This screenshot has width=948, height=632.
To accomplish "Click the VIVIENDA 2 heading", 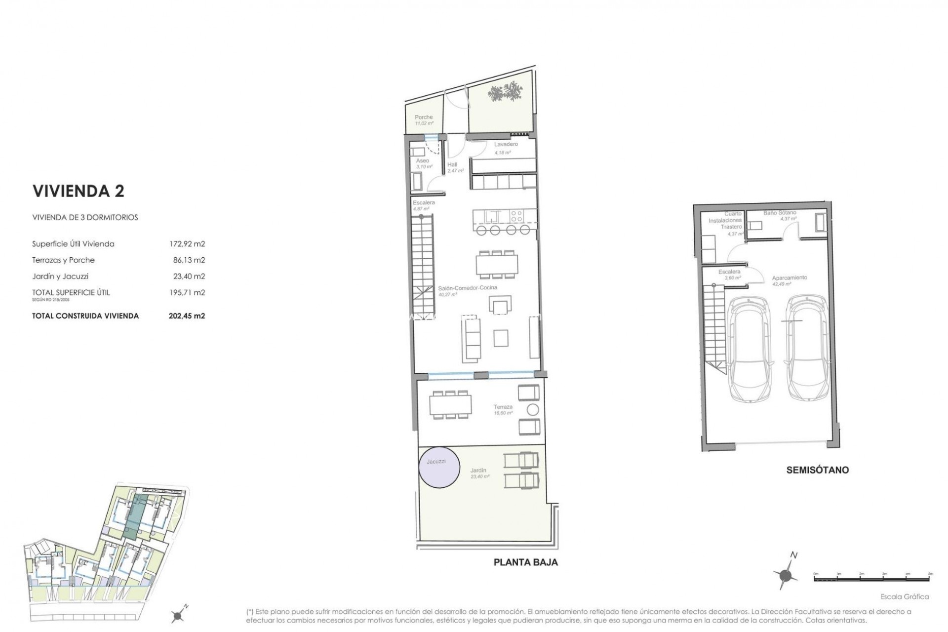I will point(79,191).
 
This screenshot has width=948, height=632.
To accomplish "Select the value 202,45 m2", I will point(187,316).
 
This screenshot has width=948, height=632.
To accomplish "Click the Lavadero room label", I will point(506,144).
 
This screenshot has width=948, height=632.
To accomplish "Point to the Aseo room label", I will point(423,161).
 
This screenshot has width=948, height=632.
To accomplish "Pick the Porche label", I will point(424,118).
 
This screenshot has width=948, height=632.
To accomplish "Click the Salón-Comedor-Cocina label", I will point(461,287).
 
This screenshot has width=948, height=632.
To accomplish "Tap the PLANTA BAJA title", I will point(526,562).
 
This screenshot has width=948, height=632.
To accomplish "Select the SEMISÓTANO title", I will point(817,470).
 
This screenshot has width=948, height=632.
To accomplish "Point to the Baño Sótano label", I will point(780,213).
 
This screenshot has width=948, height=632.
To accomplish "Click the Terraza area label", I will point(503,407).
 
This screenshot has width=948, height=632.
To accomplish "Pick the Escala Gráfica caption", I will point(905,596).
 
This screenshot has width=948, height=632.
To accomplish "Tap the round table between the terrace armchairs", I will point(533,409).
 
